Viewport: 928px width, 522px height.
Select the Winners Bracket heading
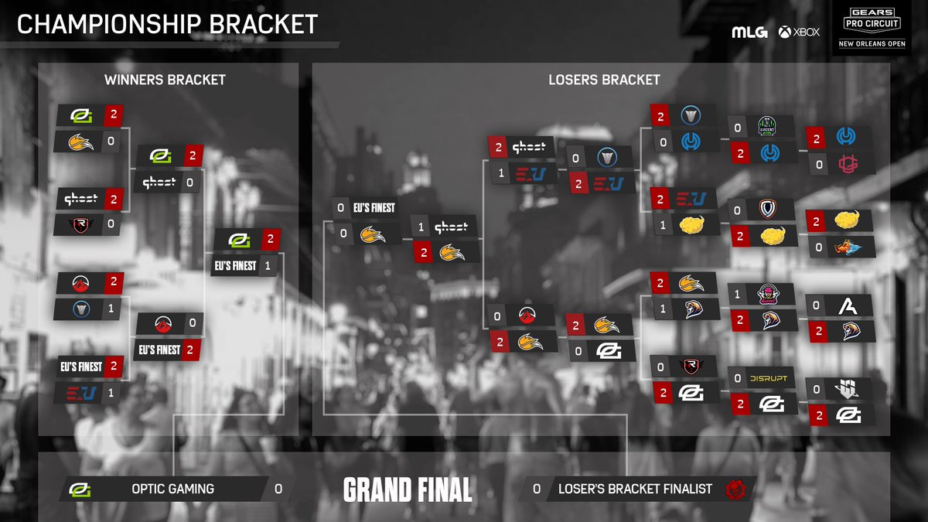coord(165,79)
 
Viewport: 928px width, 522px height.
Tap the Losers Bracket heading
coord(604,79)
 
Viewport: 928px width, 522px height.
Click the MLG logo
coord(749,32)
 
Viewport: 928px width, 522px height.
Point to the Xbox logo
coord(799,32)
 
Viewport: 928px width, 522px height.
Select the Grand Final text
coord(408,490)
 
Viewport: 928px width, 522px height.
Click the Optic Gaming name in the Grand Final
coord(172,489)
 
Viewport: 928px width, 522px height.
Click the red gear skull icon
coord(734,489)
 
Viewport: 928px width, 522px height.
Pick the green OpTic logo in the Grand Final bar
coord(78,490)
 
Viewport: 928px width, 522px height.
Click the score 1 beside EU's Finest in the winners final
coord(266,265)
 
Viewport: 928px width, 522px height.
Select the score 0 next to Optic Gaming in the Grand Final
coord(278,489)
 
